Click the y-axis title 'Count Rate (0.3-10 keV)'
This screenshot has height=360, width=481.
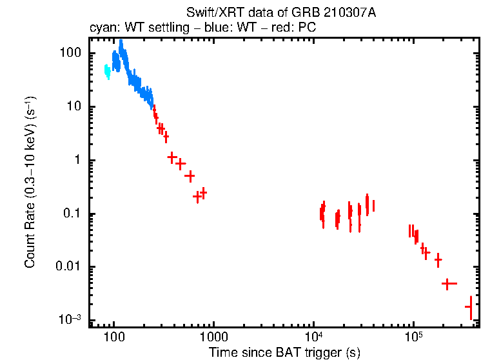pos(30,183)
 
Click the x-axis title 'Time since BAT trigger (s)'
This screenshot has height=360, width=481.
pos(284,352)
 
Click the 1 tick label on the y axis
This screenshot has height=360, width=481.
pos(78,160)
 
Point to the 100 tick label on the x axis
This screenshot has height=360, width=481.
pos(113,337)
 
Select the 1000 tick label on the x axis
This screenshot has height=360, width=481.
pos(213,337)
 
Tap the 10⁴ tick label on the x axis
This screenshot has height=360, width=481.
pos(313,336)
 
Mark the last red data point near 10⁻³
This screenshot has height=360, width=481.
pos(471,307)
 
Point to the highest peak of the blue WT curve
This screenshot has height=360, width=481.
pos(121,43)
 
